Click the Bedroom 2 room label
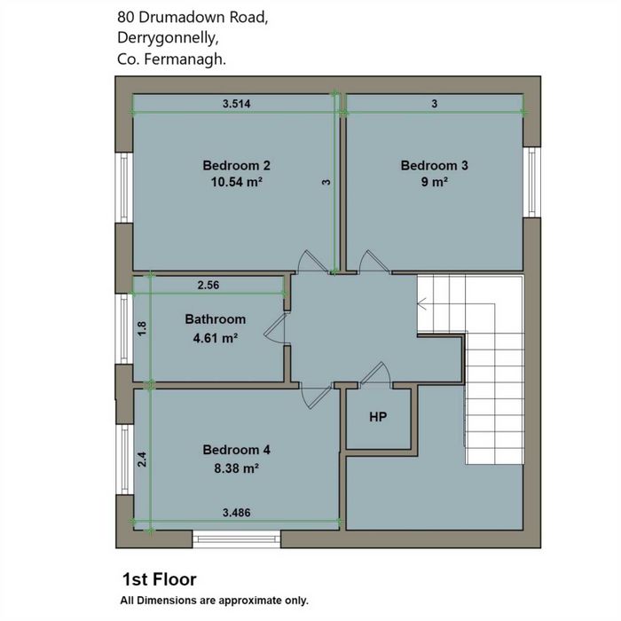coord(237,165)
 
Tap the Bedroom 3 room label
coord(434,165)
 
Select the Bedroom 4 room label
coord(237,450)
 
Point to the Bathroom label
coord(215,319)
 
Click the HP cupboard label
coord(378,417)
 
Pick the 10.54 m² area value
coord(237,182)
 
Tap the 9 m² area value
coord(435,182)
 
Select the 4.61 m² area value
coord(215,338)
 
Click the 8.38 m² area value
coord(237,468)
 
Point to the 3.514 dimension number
coord(237,104)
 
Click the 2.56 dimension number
coord(208,285)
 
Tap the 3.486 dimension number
coord(237,513)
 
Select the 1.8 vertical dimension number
coord(142,328)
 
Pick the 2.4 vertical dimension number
coord(142,460)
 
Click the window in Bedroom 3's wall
coord(532,182)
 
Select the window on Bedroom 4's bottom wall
coord(237,539)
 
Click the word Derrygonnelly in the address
coord(168,38)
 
